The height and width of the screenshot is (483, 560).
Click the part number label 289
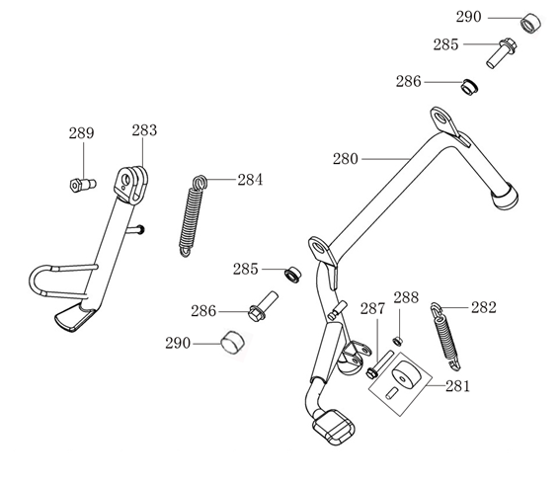pos(81,133)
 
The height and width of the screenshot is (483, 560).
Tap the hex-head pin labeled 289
pos(83,185)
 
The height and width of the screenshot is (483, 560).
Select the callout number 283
pos(144,130)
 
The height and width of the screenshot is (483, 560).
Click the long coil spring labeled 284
pos(193,215)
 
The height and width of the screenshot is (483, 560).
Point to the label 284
pos(250,180)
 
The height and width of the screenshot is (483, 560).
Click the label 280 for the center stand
pos(346,159)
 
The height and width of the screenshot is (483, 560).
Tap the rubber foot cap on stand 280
pos(505,196)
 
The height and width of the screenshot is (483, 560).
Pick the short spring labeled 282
pos(445,336)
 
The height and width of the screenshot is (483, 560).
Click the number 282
pos(484,307)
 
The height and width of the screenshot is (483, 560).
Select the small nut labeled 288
pos(397,341)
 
